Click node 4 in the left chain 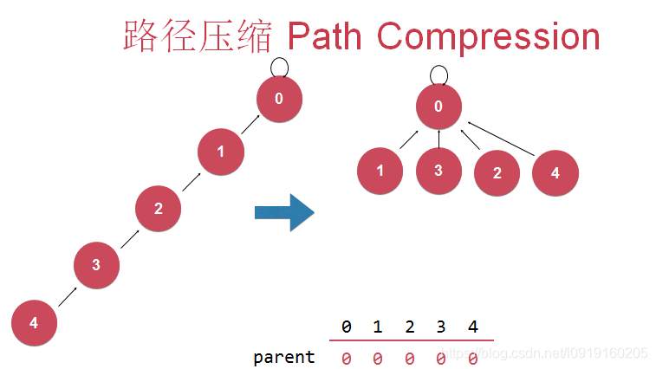34,323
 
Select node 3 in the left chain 96,265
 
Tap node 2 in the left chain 158,208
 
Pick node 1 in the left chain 220,152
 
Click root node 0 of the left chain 279,99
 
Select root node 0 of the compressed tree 438,107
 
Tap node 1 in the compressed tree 380,171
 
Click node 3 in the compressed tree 438,170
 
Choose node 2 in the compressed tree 497,172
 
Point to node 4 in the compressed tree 555,172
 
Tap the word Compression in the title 489,36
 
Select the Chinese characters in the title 198,37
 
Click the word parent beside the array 284,356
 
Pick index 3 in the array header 440,327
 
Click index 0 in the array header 346,327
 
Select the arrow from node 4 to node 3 66,295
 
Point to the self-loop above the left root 279,66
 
